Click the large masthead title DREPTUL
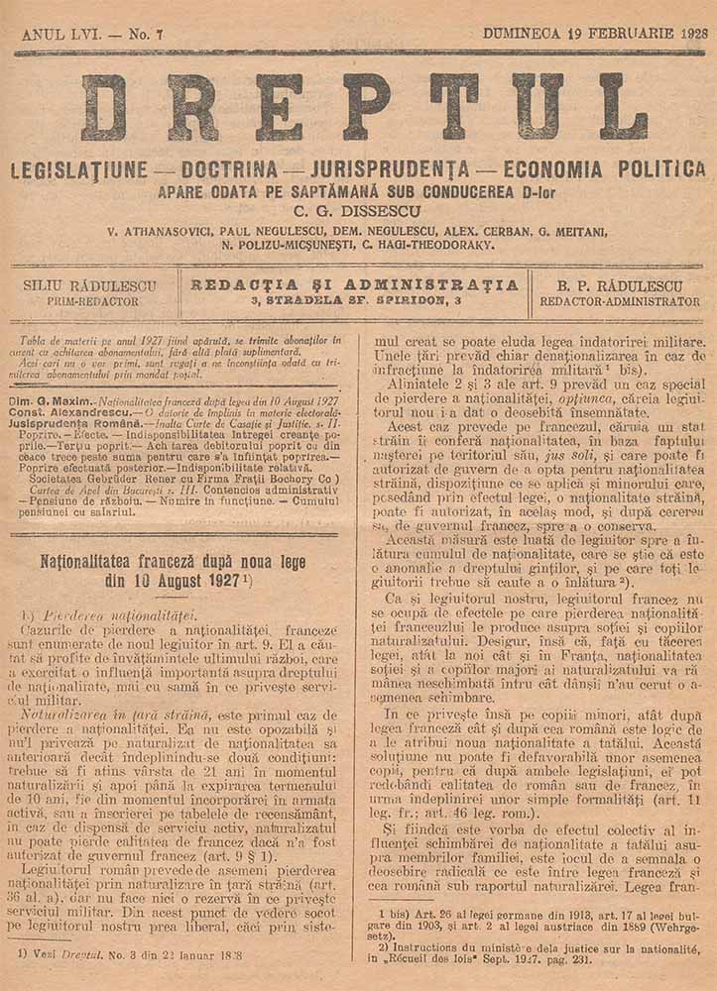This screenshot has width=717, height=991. tap(363, 107)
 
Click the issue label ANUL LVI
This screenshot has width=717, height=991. tap(58, 34)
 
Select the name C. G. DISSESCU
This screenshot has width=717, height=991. tap(358, 211)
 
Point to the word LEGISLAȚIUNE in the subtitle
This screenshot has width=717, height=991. tap(79, 169)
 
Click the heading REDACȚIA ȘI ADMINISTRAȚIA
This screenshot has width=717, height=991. tap(355, 284)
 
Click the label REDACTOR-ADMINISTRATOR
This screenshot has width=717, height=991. tap(620, 301)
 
